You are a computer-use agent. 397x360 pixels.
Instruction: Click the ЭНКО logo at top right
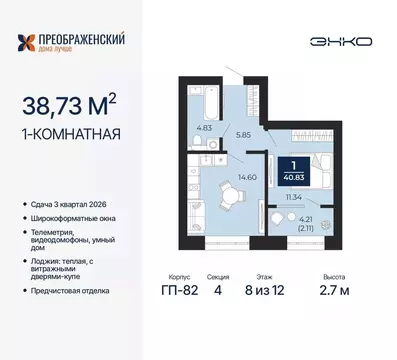point(344,41)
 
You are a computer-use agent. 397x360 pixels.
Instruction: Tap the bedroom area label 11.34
point(293,198)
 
